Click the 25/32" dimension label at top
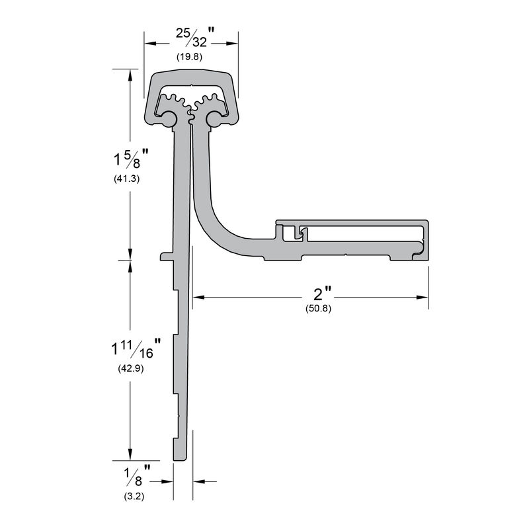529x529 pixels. (192, 38)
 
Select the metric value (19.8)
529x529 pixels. (189, 57)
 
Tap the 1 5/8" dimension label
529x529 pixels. (128, 159)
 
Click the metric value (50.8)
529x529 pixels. (318, 308)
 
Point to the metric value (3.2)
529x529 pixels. (134, 495)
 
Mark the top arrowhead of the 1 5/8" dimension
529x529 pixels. (130, 73)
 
